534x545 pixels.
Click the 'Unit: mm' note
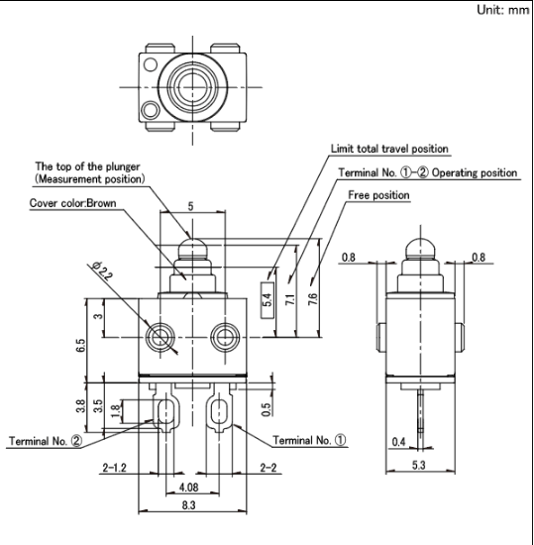[x=502, y=10]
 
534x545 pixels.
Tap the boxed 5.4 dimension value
[x=267, y=300]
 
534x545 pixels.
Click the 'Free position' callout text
[x=378, y=195]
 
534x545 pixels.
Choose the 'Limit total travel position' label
[x=389, y=149]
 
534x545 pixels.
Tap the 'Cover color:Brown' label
[x=72, y=203]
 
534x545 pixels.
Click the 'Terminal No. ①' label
[x=309, y=440]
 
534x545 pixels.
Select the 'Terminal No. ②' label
[x=46, y=441]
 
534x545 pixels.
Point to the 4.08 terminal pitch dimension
[x=188, y=488]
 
